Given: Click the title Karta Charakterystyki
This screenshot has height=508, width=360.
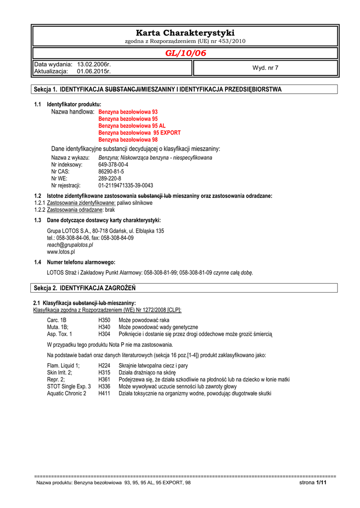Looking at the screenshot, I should click(185, 33).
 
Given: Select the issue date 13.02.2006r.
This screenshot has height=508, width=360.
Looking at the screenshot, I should click(94, 64).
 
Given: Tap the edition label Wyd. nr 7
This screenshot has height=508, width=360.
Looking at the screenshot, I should click(266, 68).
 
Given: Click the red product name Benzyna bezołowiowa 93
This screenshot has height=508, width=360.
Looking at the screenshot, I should click(128, 112).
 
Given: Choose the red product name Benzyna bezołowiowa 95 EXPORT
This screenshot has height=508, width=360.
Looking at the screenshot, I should click(140, 133).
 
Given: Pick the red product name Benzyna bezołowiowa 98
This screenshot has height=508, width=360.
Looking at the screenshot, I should click(128, 140).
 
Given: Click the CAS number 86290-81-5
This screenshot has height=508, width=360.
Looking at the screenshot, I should click(111, 172).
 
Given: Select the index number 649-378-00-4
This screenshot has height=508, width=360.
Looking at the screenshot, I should click(113, 165).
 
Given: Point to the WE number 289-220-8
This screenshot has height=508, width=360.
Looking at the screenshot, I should click(110, 179).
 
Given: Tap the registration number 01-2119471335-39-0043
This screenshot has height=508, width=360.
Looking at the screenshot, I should click(126, 186).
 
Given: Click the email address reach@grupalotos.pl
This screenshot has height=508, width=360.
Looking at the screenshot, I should click(70, 245).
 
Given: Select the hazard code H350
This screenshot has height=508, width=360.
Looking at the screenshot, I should click(104, 320).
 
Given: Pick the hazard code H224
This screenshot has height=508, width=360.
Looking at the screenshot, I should click(104, 366).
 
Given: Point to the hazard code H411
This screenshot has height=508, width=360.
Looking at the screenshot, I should click(104, 393).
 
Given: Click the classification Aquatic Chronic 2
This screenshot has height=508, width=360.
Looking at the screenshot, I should click(67, 393).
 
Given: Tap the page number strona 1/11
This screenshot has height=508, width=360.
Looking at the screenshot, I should click(313, 483).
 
